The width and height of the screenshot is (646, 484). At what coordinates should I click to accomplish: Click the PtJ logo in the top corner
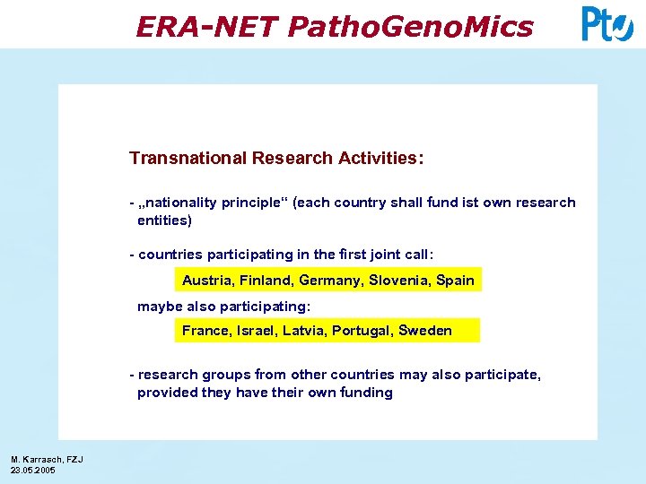tap(607, 24)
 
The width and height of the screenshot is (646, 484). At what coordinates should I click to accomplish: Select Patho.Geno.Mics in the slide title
tap(410, 27)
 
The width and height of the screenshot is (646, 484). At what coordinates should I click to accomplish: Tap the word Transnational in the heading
tap(188, 159)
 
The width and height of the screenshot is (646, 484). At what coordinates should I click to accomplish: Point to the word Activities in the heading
tap(377, 159)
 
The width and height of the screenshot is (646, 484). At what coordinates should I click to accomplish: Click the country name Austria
tap(206, 281)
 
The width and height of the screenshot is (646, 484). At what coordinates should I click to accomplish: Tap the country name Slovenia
tap(398, 281)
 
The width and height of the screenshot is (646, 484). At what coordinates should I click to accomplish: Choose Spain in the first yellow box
tap(455, 281)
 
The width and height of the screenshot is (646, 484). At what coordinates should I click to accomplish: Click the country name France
tap(205, 331)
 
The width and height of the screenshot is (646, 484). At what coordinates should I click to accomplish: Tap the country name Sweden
tap(425, 331)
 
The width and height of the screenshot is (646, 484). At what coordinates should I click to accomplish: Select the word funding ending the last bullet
tap(366, 393)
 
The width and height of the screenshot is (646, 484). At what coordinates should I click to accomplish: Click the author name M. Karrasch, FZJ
tap(47, 460)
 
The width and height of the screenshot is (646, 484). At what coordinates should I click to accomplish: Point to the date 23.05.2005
tap(33, 470)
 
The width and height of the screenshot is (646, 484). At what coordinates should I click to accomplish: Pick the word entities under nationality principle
tap(164, 220)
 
